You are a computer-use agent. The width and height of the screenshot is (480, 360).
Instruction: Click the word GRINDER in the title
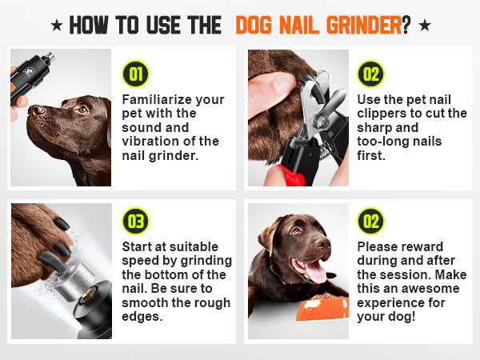click(x=364, y=25)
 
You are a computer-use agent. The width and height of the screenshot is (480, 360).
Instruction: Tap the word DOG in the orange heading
click(x=254, y=25)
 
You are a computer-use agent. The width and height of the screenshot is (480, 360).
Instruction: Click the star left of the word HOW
click(x=57, y=25)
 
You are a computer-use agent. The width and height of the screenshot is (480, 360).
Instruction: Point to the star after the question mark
click(x=425, y=25)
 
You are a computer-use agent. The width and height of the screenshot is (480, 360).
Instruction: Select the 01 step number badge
click(x=135, y=74)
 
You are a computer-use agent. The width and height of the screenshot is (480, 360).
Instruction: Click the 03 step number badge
click(x=135, y=221)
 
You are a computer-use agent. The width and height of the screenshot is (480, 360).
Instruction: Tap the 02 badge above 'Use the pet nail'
click(x=370, y=74)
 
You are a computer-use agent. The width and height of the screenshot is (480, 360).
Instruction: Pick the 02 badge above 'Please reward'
click(x=370, y=221)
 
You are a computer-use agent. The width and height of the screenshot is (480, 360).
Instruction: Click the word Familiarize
click(x=157, y=99)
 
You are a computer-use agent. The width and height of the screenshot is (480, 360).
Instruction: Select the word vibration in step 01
click(x=150, y=142)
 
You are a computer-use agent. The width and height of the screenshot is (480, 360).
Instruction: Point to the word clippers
click(x=382, y=114)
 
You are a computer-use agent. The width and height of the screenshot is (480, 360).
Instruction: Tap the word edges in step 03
click(x=142, y=317)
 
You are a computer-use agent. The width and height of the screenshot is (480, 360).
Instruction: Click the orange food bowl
click(x=322, y=308)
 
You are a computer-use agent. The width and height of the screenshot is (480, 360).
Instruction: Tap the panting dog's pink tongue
click(x=315, y=271)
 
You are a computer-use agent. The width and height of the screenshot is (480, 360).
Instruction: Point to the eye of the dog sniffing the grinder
click(x=82, y=109)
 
